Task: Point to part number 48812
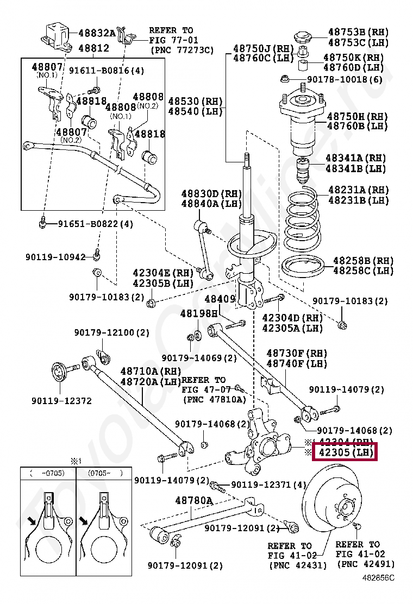93,48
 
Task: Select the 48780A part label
193,500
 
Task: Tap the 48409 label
220,299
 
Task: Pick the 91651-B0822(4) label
95,224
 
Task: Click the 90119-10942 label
55,256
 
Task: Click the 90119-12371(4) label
269,485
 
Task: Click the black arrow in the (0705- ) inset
84,521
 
